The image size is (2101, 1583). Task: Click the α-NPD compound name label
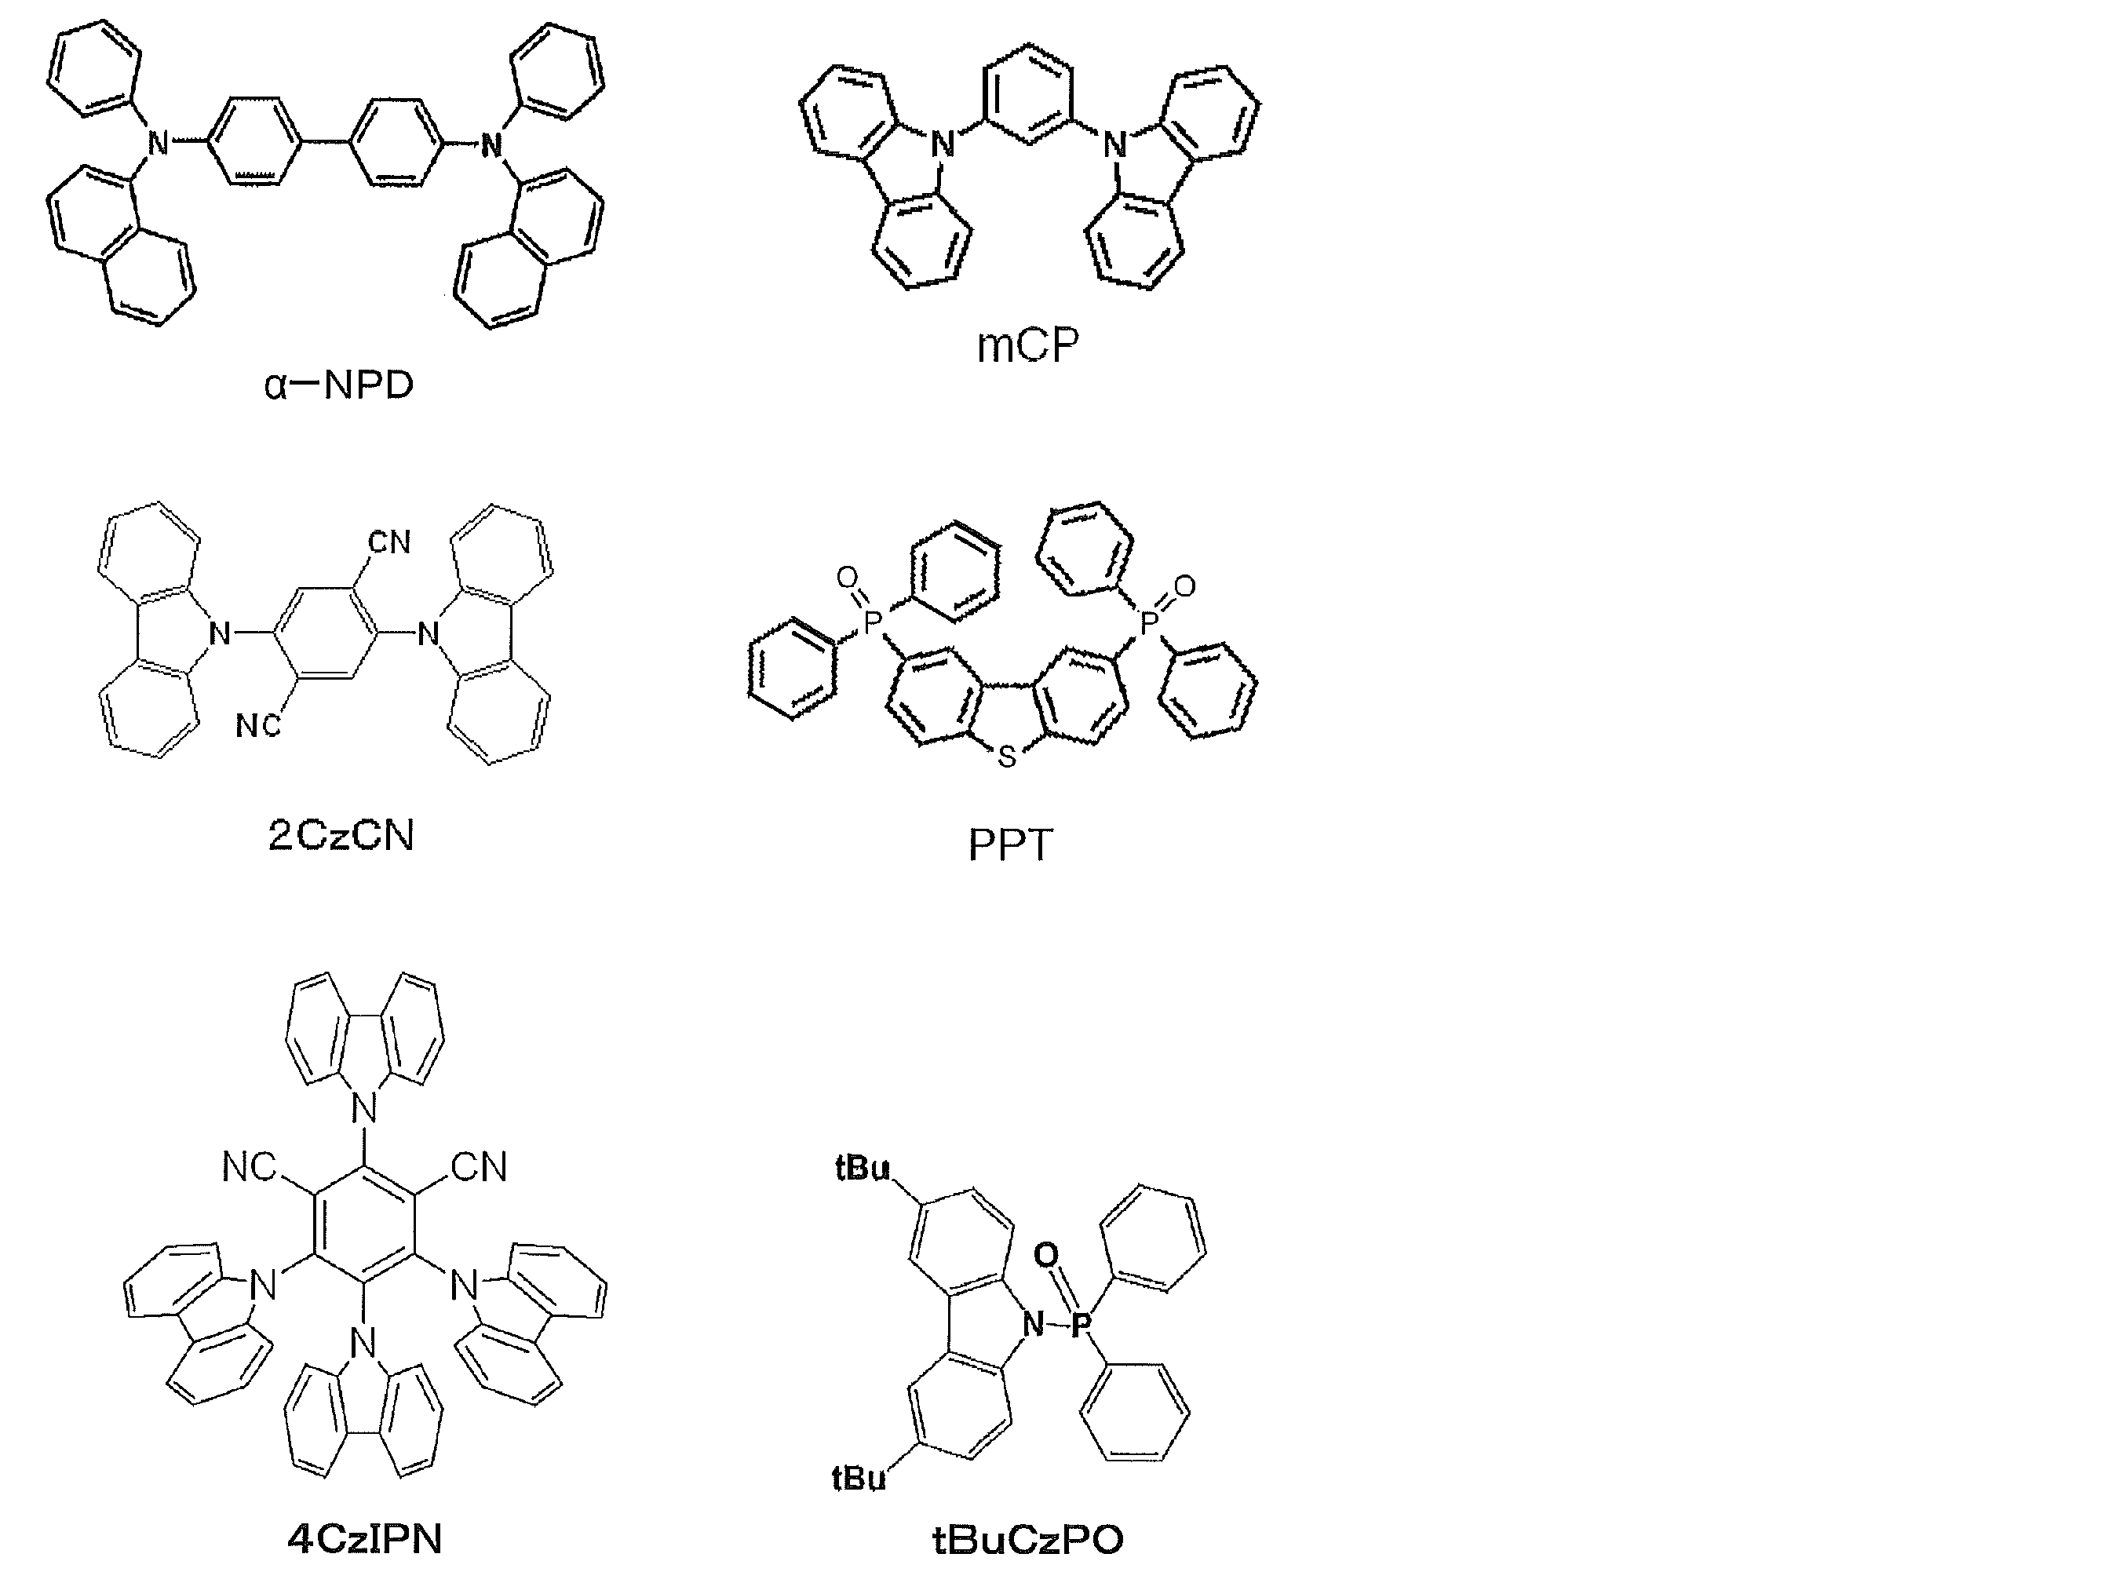click(x=339, y=385)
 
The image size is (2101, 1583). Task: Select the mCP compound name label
click(x=1027, y=345)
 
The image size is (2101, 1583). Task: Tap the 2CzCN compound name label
click(x=341, y=836)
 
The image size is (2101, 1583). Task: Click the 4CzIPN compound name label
click(x=365, y=1538)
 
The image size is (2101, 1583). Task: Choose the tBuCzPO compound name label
click(x=1027, y=1539)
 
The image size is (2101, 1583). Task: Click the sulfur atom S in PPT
click(x=1007, y=757)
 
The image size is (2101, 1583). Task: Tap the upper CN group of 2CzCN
click(x=389, y=542)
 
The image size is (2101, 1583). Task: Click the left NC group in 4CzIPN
click(x=249, y=1167)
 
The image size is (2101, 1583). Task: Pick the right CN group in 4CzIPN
click(x=480, y=1166)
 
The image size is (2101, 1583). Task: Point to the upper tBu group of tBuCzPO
click(x=863, y=1167)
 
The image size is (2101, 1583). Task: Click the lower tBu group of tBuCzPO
click(x=859, y=1478)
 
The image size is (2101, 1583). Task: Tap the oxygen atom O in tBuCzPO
click(x=1045, y=1256)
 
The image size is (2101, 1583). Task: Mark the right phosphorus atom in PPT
click(x=1148, y=623)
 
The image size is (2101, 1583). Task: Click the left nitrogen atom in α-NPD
click(x=159, y=144)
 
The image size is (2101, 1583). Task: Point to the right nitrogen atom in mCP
click(x=1114, y=145)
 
